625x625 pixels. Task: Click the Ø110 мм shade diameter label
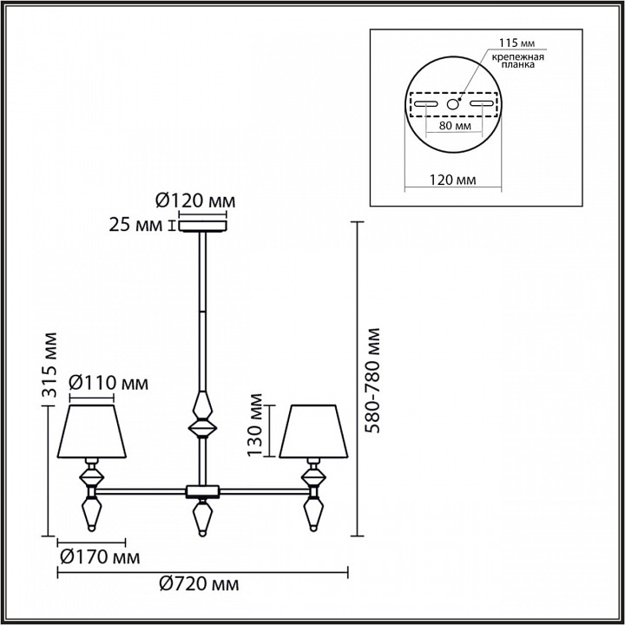point(108,383)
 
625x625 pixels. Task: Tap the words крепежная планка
point(518,62)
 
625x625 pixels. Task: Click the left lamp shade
point(92,429)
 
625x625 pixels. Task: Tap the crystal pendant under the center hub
point(201,518)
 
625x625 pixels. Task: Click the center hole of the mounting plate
point(452,104)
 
